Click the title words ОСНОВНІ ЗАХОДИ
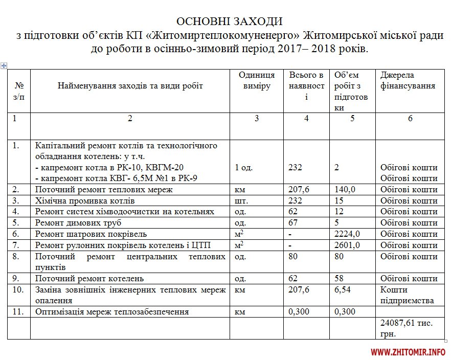tap(229, 21)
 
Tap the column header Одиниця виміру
tap(257, 81)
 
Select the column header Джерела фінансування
tap(408, 81)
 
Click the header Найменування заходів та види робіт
tap(130, 85)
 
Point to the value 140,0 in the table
tap(345, 190)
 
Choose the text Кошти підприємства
tap(407, 295)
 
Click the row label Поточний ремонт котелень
tap(89, 279)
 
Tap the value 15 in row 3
tap(339, 200)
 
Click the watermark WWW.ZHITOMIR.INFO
tap(408, 352)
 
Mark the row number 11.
tap(18, 311)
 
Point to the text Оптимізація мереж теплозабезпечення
tap(112, 311)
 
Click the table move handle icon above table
tap(4, 65)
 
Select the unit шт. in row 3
tap(241, 200)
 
